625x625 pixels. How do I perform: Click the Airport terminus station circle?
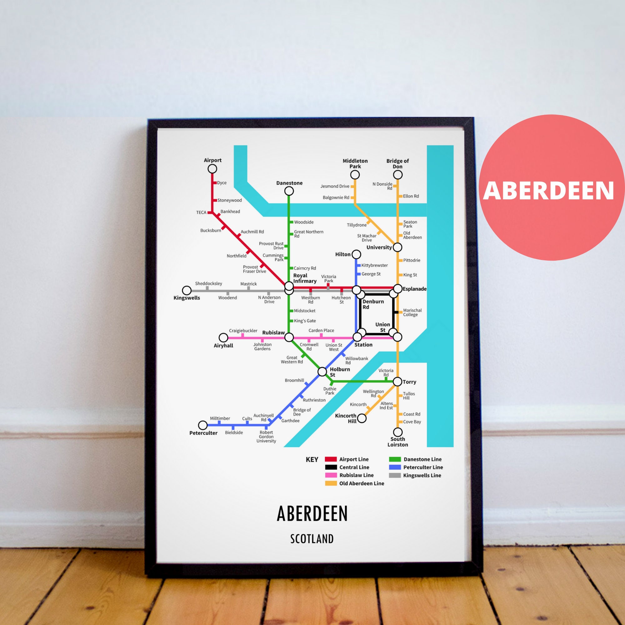click(212, 168)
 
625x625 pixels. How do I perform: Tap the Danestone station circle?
click(289, 191)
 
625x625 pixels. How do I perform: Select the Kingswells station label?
click(187, 298)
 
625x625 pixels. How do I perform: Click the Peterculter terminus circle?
click(202, 425)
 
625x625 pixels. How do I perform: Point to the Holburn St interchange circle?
click(322, 371)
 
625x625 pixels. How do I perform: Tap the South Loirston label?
click(397, 442)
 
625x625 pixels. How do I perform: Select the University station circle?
click(397, 247)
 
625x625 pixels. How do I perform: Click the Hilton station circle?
click(356, 254)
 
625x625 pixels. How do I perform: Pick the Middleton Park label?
click(355, 163)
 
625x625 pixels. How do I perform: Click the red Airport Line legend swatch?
click(331, 459)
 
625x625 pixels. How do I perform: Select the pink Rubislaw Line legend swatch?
click(331, 475)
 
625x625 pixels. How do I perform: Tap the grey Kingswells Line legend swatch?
click(395, 475)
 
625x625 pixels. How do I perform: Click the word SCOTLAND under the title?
click(312, 539)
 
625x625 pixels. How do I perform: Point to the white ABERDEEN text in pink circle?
click(548, 191)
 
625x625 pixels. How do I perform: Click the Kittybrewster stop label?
click(374, 265)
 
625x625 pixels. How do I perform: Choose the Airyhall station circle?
click(223, 337)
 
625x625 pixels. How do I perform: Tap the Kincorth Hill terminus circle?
click(362, 418)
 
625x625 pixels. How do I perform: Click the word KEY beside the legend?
click(312, 460)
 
